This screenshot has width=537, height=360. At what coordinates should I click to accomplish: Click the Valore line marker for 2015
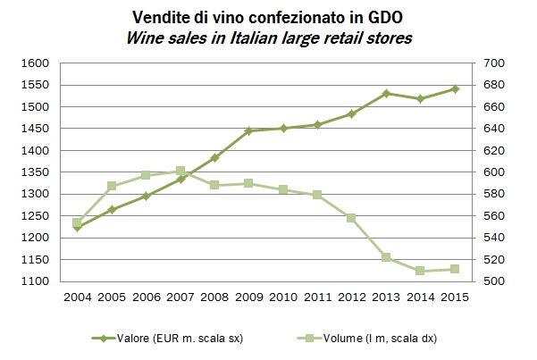pyautogui.click(x=455, y=89)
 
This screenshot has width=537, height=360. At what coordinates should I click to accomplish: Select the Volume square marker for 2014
pyautogui.click(x=420, y=271)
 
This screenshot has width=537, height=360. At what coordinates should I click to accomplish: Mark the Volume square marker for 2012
pyautogui.click(x=351, y=218)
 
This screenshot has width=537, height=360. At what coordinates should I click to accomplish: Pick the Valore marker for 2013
pyautogui.click(x=386, y=93)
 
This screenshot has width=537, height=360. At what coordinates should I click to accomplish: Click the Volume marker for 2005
pyautogui.click(x=112, y=186)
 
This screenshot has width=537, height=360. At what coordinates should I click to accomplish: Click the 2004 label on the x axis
pyautogui.click(x=77, y=297)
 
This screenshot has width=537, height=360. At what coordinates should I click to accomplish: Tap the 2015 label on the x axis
pyautogui.click(x=455, y=297)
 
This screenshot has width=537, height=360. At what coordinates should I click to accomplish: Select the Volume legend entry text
pyautogui.click(x=385, y=338)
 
